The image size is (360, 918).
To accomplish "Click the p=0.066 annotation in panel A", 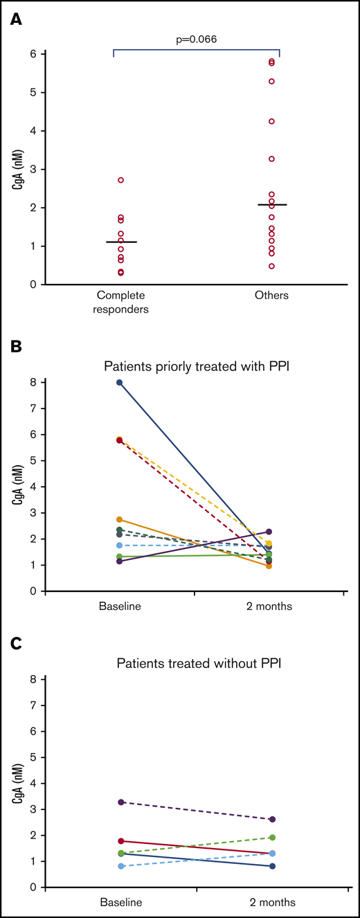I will pyautogui.click(x=197, y=39).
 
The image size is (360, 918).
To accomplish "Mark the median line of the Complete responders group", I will pyautogui.click(x=120, y=242).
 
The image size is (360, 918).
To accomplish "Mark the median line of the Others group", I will pyautogui.click(x=271, y=205).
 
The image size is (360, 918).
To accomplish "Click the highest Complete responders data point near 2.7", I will pyautogui.click(x=120, y=180).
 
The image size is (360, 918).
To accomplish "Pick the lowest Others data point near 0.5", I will pyautogui.click(x=271, y=266).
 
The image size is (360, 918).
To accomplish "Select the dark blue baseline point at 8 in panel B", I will pyautogui.click(x=120, y=382).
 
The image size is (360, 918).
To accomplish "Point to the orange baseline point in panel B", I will pyautogui.click(x=120, y=519).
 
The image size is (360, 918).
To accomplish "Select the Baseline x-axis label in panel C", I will pyautogui.click(x=120, y=902).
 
